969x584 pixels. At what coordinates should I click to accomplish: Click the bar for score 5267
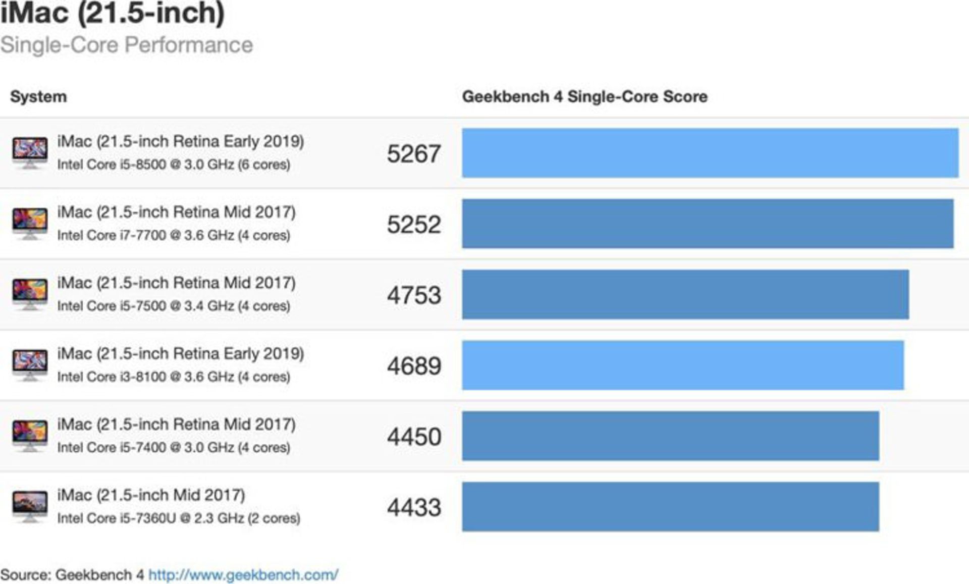(x=710, y=153)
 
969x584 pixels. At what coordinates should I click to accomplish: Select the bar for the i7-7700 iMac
(x=708, y=224)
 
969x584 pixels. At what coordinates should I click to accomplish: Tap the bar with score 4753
(x=685, y=294)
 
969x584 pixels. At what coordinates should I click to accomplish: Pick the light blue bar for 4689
(x=682, y=365)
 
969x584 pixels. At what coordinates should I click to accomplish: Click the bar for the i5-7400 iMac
(x=670, y=436)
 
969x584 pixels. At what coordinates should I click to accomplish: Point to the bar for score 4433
(x=670, y=506)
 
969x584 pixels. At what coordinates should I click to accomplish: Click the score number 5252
(x=414, y=225)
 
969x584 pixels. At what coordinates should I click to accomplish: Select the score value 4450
(x=414, y=437)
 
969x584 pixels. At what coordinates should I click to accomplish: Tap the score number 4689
(x=414, y=366)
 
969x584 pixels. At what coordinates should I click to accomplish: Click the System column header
(x=38, y=96)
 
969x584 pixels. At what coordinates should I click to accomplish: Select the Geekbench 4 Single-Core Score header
(x=584, y=96)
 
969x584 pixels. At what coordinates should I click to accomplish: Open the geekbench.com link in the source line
(x=243, y=574)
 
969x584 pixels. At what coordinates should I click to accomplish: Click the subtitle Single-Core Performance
(x=126, y=45)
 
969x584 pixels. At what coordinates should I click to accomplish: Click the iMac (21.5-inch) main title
(x=112, y=13)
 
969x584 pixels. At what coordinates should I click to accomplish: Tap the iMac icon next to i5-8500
(x=30, y=152)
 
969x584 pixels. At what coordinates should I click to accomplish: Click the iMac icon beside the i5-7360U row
(x=30, y=506)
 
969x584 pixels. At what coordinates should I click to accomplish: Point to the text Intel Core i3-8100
(x=111, y=377)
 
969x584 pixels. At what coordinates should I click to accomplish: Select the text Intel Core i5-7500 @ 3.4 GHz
(x=146, y=306)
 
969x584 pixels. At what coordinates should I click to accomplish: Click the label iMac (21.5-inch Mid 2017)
(x=151, y=495)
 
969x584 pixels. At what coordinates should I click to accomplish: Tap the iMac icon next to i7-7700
(x=30, y=223)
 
